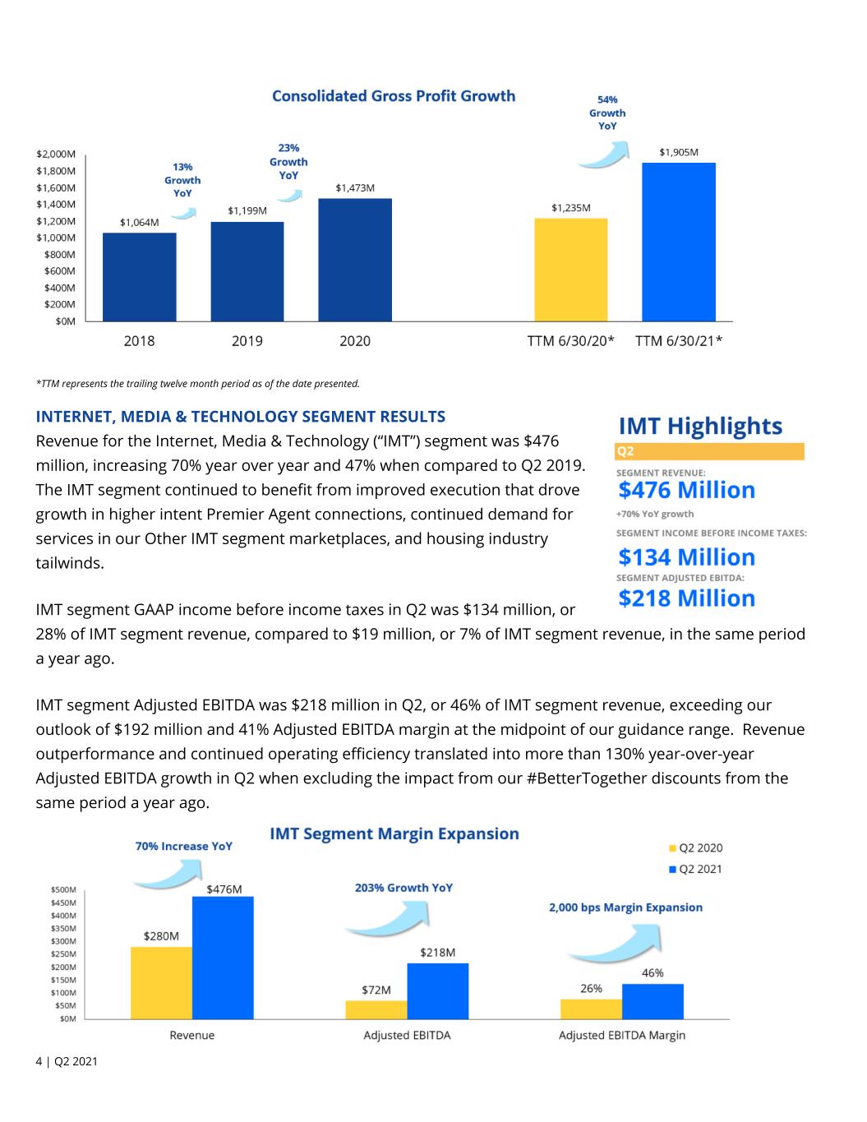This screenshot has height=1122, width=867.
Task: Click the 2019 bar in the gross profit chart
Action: [x=247, y=271]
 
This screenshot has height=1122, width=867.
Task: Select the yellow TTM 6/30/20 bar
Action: [x=571, y=270]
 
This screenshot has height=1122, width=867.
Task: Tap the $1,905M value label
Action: [x=679, y=152]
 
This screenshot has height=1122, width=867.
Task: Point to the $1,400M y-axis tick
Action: [x=56, y=205]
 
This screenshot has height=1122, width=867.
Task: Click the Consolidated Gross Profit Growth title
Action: [x=394, y=96]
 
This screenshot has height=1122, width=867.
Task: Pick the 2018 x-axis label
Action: [x=140, y=341]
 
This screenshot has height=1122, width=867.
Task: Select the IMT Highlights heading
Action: [x=700, y=426]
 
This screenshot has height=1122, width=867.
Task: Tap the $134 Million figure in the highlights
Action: [x=686, y=557]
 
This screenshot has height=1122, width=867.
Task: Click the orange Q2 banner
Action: [x=709, y=451]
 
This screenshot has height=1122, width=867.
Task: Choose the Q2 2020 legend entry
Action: [x=696, y=847]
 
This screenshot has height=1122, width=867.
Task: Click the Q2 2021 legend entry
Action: [x=696, y=869]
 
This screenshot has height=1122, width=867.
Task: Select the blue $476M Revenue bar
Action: [x=223, y=958]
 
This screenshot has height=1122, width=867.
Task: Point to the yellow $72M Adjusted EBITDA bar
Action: [x=376, y=1010]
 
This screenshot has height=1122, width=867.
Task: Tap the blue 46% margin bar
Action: [x=653, y=1002]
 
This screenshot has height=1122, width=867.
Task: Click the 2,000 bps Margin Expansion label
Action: [x=625, y=907]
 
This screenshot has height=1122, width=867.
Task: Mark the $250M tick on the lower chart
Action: [x=63, y=954]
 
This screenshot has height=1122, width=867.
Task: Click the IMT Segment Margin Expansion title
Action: [x=394, y=833]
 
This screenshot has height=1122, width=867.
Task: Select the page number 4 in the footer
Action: [x=39, y=1061]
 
